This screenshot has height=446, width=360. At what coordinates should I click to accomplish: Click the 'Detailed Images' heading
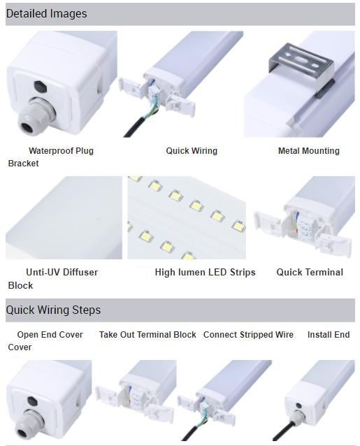pyautogui.click(x=46, y=14)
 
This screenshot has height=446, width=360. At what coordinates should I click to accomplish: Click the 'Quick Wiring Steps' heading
pyautogui.click(x=53, y=310)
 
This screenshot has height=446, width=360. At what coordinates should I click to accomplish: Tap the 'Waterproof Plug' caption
pyautogui.click(x=61, y=151)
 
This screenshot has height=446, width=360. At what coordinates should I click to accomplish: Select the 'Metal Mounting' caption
pyautogui.click(x=309, y=151)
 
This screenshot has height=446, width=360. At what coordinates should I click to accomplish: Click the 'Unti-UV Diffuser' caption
pyautogui.click(x=62, y=272)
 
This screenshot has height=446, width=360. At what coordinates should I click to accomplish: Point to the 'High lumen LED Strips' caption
pyautogui.click(x=205, y=272)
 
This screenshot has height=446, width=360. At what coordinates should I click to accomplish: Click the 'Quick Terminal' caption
pyautogui.click(x=310, y=272)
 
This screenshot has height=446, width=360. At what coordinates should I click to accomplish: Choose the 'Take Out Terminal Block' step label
pyautogui.click(x=147, y=334)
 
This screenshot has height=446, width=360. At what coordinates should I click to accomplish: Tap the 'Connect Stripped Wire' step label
pyautogui.click(x=248, y=334)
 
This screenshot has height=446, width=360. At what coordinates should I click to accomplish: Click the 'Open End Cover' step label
pyautogui.click(x=50, y=334)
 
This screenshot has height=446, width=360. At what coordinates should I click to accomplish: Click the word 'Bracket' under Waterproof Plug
pyautogui.click(x=23, y=164)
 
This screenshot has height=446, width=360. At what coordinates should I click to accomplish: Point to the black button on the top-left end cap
pyautogui.click(x=40, y=87)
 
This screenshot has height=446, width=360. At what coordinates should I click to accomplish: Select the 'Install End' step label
pyautogui.click(x=329, y=334)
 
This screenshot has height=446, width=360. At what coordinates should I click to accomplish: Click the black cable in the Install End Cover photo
pyautogui.click(x=281, y=432)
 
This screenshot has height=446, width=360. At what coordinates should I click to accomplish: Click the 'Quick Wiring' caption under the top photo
pyautogui.click(x=192, y=151)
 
